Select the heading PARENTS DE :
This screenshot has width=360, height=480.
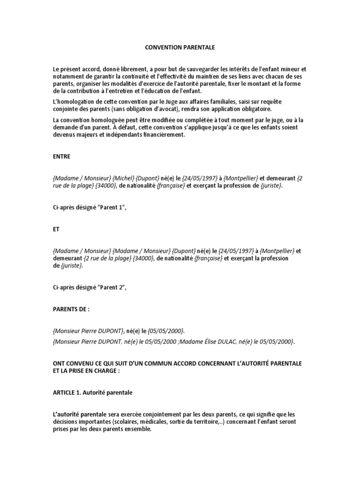coord(71,309)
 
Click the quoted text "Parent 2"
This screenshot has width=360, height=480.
coord(112,288)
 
